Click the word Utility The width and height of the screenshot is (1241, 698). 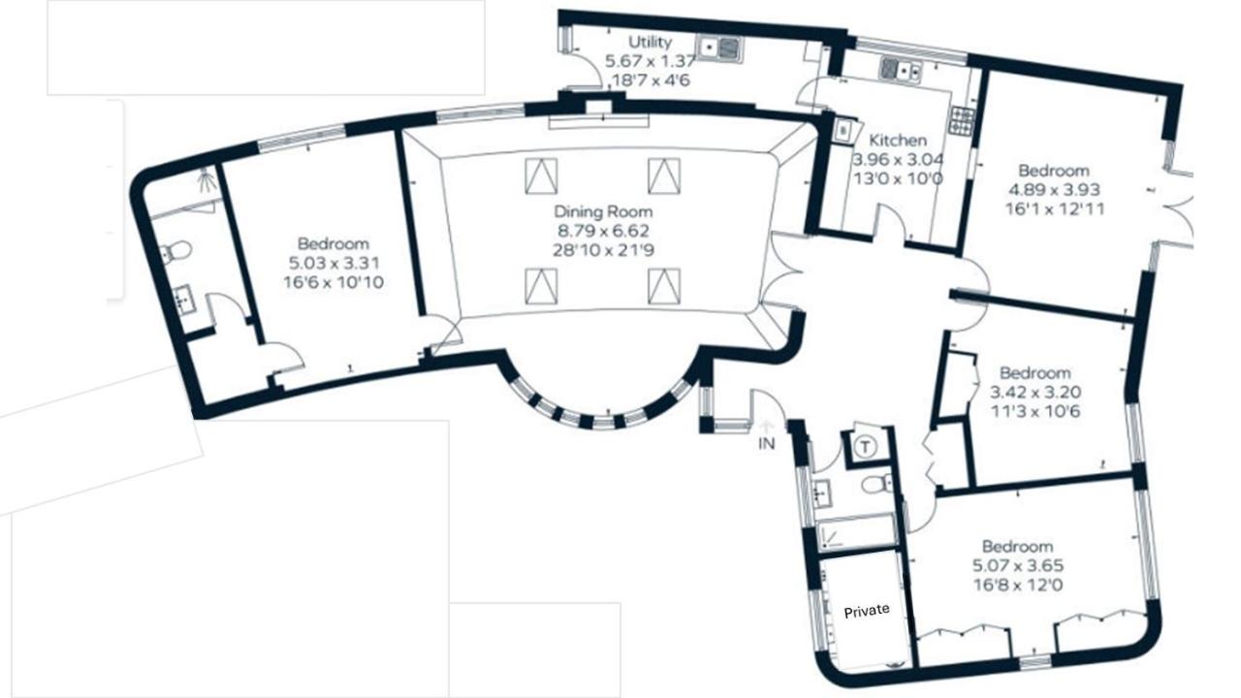pyautogui.click(x=650, y=42)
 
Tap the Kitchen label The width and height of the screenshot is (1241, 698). pyautogui.click(x=898, y=141)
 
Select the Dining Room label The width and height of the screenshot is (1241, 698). pyautogui.click(x=603, y=211)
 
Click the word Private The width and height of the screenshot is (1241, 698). pyautogui.click(x=867, y=611)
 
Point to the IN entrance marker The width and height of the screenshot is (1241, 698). pyautogui.click(x=767, y=443)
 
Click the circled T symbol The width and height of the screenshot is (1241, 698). pyautogui.click(x=866, y=446)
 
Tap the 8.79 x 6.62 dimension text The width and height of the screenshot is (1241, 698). pyautogui.click(x=603, y=231)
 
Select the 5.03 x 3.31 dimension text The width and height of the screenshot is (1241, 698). pyautogui.click(x=334, y=263)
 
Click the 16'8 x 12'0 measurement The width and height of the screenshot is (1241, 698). pyautogui.click(x=1018, y=585)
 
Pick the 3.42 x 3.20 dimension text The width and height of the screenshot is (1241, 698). pyautogui.click(x=1034, y=393)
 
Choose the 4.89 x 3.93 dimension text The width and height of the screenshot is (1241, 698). pyautogui.click(x=1054, y=190)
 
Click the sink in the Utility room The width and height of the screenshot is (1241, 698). pyautogui.click(x=719, y=48)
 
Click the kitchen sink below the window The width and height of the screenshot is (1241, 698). pyautogui.click(x=901, y=71)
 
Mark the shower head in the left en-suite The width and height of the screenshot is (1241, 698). pyautogui.click(x=207, y=178)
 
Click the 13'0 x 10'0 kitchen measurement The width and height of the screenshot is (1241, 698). pyautogui.click(x=898, y=179)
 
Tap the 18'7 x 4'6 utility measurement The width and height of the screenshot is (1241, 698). pyautogui.click(x=650, y=80)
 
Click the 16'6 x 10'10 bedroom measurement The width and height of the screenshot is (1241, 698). pyautogui.click(x=334, y=282)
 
